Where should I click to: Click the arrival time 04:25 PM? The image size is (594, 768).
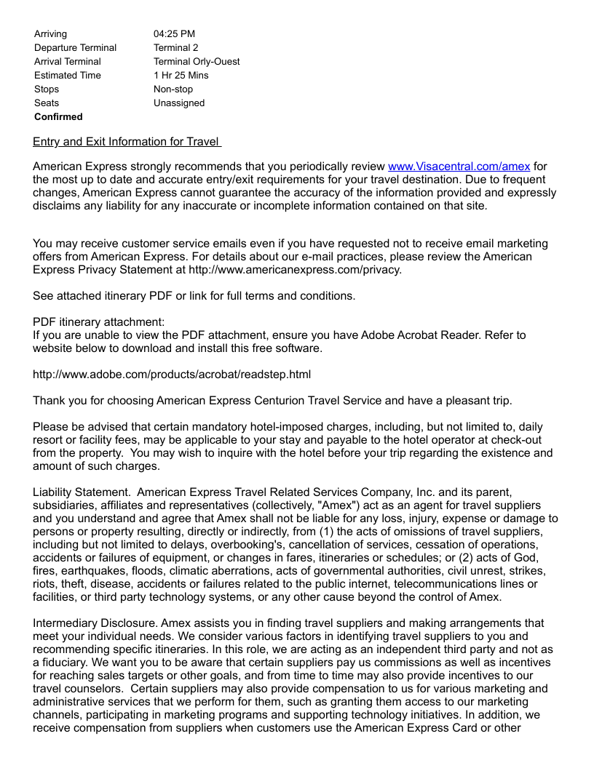pos(174,33)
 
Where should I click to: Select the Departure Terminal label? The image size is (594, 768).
pos(75,47)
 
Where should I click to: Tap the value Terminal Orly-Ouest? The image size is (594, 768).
pos(197,61)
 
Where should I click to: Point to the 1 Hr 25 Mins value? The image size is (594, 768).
pos(181,75)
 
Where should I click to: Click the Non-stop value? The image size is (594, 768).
pos(173,89)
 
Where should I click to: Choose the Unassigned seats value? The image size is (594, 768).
pos(179,103)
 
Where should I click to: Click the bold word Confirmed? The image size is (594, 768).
pos(58,116)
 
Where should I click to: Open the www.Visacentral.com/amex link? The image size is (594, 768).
pos(459,167)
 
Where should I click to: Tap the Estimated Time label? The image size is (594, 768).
pos(68,75)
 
